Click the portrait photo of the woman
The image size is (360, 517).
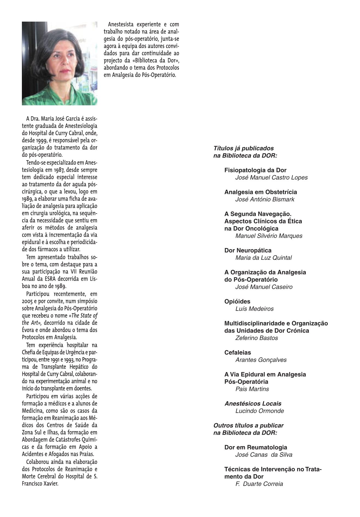click(x=60, y=63)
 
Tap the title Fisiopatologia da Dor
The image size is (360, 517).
click(x=255, y=170)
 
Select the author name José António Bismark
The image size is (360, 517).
click(x=265, y=199)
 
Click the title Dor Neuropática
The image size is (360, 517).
click(x=248, y=250)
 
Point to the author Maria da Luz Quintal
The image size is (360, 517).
click(x=263, y=258)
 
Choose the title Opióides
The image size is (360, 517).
click(x=237, y=301)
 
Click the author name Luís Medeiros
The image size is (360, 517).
click(x=254, y=309)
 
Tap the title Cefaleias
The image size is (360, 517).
click(x=237, y=353)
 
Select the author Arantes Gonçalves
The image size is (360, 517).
click(x=261, y=360)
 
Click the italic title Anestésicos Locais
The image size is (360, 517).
click(x=253, y=403)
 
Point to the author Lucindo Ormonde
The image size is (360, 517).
click(x=259, y=411)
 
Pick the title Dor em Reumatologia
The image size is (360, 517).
click(x=256, y=448)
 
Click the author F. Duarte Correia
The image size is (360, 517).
click(x=259, y=484)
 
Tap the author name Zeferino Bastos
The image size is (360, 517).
click(x=256, y=338)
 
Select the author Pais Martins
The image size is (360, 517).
click(x=252, y=389)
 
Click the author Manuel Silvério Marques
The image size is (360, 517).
click(x=269, y=236)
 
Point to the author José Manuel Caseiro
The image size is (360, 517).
click(x=264, y=287)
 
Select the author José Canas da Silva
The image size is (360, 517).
click(x=264, y=455)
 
